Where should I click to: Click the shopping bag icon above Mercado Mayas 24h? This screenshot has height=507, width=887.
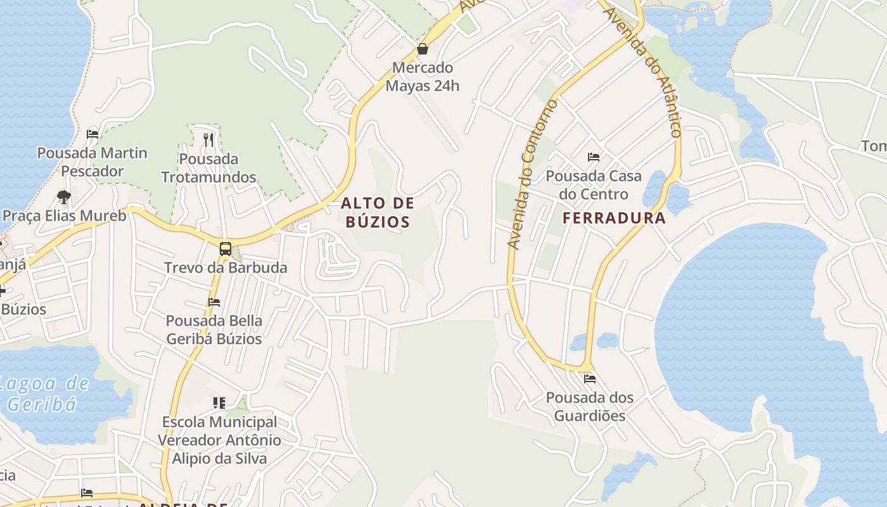point(423,49)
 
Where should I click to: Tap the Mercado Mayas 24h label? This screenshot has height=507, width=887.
point(422,77)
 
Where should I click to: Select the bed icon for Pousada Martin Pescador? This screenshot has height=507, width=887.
point(93,134)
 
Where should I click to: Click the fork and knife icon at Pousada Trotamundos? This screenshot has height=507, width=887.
point(208,139)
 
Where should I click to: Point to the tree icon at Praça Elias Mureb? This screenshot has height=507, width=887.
point(63,196)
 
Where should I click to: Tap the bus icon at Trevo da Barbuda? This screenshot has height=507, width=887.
point(225,248)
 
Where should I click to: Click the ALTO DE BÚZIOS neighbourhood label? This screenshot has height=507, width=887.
point(378,212)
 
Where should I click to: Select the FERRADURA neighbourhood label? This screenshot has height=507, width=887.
point(614,219)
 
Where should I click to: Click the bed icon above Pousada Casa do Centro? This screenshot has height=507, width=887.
point(594,157)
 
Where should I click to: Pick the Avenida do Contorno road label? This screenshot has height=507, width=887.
point(532,174)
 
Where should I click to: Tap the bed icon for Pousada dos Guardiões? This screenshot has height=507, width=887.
point(590,379)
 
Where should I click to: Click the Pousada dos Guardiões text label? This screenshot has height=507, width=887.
point(590,407)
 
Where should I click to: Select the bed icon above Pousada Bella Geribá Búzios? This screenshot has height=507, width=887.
point(214,302)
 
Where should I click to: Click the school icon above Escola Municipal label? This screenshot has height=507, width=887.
point(219,402)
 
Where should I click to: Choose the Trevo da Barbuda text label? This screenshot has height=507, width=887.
point(226,267)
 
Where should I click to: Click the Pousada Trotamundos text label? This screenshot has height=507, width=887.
point(208,168)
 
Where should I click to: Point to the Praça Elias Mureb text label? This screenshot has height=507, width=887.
point(65,215)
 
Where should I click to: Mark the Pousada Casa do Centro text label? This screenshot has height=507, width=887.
point(594,184)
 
